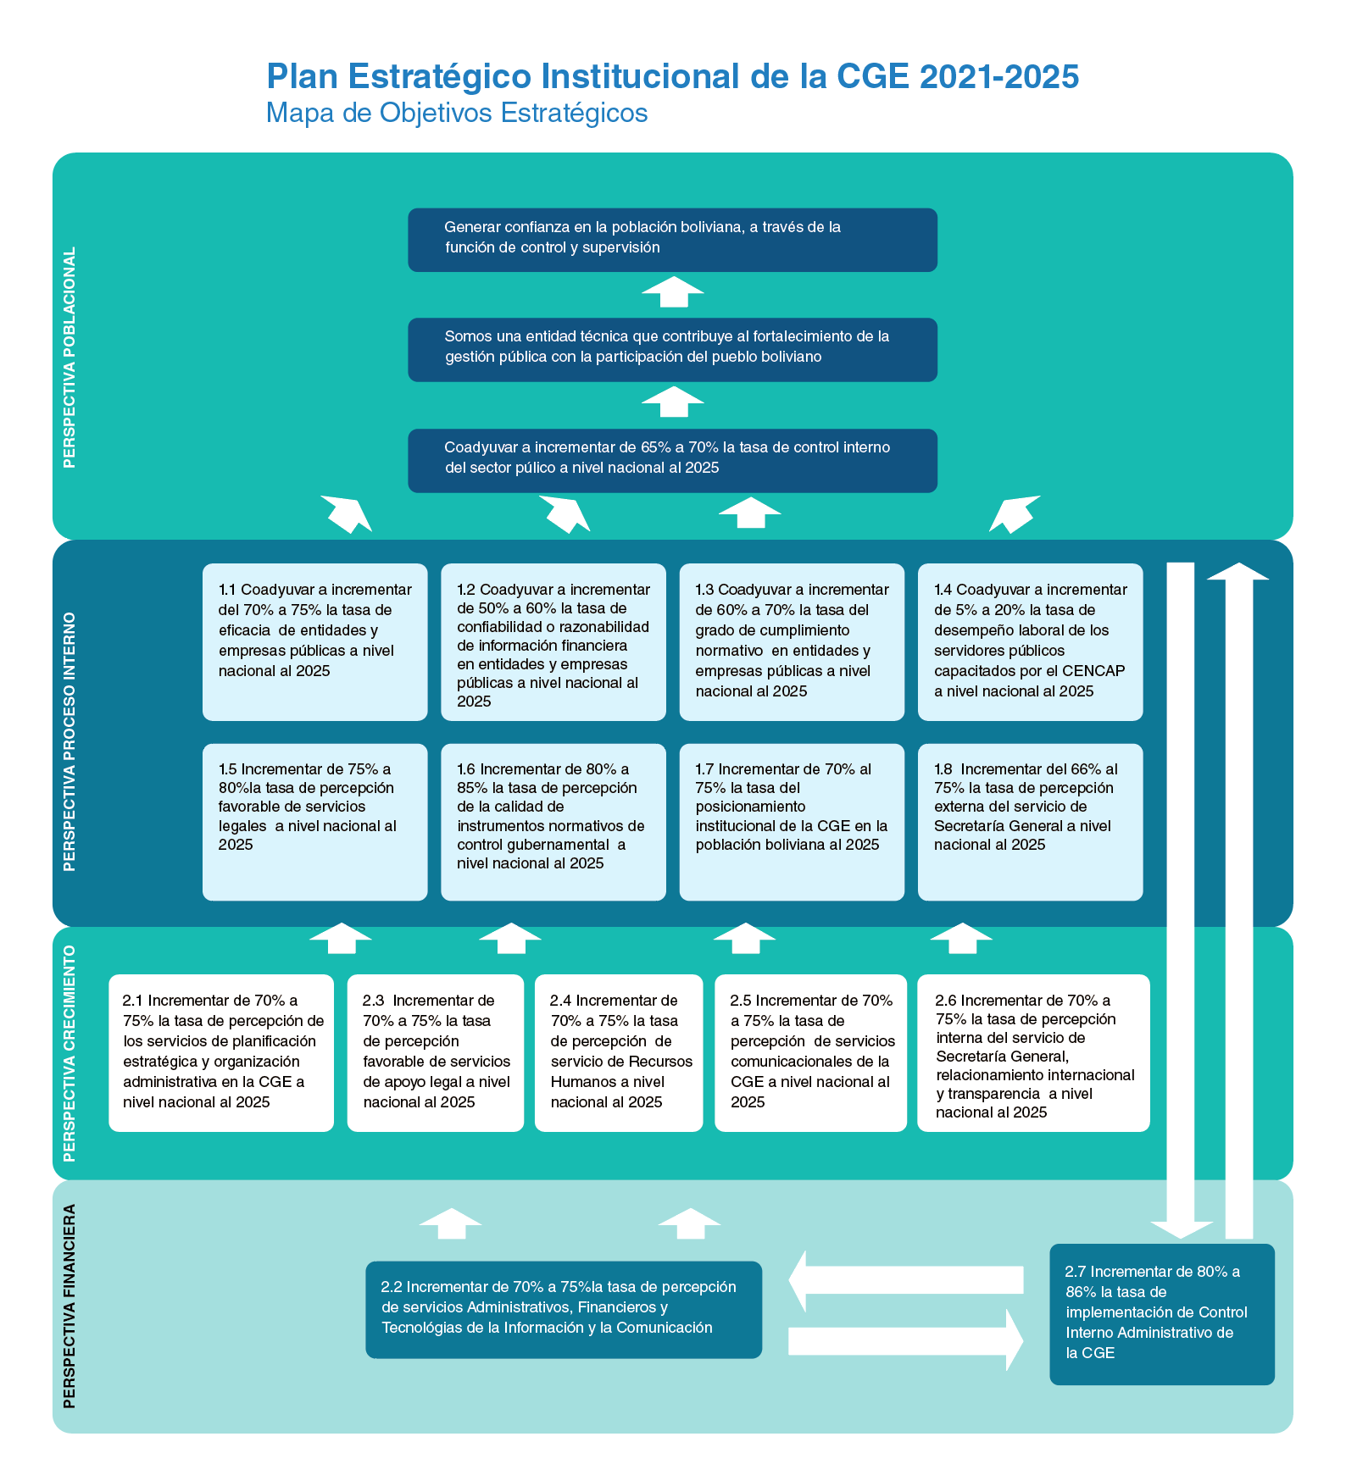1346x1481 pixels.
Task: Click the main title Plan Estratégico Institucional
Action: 672,76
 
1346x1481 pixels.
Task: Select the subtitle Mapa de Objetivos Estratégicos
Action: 457,113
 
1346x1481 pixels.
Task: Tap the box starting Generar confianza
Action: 672,240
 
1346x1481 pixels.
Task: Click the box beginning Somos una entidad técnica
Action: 672,349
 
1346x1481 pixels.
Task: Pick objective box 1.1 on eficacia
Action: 314,641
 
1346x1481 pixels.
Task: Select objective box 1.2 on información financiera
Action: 553,641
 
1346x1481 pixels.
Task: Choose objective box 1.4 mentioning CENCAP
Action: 1030,641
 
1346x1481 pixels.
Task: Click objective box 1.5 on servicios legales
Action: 314,821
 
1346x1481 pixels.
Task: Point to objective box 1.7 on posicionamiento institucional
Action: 792,821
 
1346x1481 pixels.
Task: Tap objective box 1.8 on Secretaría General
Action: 1030,821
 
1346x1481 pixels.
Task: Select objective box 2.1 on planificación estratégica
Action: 221,1052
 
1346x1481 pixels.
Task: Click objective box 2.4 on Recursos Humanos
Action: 619,1052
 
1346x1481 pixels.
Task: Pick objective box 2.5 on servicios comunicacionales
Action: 810,1052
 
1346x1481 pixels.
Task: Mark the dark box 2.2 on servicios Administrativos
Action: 564,1309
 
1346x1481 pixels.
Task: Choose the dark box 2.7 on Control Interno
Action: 1161,1313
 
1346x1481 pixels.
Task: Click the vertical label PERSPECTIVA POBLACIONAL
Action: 70,357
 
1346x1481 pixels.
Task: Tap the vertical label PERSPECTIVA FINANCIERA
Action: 70,1306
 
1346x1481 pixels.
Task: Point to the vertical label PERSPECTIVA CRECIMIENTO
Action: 70,1053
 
